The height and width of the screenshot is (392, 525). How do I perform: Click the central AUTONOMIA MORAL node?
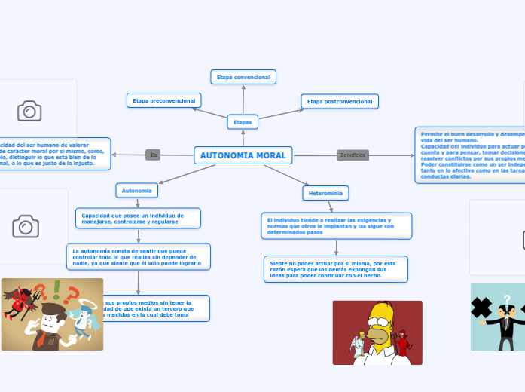tap(243, 155)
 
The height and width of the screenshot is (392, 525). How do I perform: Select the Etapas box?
tap(243, 121)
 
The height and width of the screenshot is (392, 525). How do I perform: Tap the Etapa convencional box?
tap(243, 77)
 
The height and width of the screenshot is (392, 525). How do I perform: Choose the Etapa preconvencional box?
tap(163, 100)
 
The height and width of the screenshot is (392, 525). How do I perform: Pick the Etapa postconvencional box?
tap(340, 101)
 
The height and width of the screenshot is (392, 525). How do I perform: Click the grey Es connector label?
tap(154, 155)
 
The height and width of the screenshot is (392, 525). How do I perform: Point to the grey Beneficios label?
tap(353, 155)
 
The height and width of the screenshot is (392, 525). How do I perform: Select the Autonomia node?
tap(137, 190)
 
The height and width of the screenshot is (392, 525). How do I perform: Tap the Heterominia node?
tap(326, 194)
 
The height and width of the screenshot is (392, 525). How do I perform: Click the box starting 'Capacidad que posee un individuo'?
tap(139, 218)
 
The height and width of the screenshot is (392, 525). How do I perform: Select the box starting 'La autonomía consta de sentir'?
tap(138, 256)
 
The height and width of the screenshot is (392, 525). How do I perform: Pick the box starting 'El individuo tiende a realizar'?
tap(336, 225)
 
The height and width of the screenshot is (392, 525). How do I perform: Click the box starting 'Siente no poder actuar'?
tap(335, 269)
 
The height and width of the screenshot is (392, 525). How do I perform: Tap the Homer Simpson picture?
tap(377, 332)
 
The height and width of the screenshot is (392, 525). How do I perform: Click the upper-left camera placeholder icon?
tap(29, 112)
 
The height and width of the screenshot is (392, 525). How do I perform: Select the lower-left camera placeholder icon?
tap(26, 226)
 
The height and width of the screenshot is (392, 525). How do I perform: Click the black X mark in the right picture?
tap(481, 308)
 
